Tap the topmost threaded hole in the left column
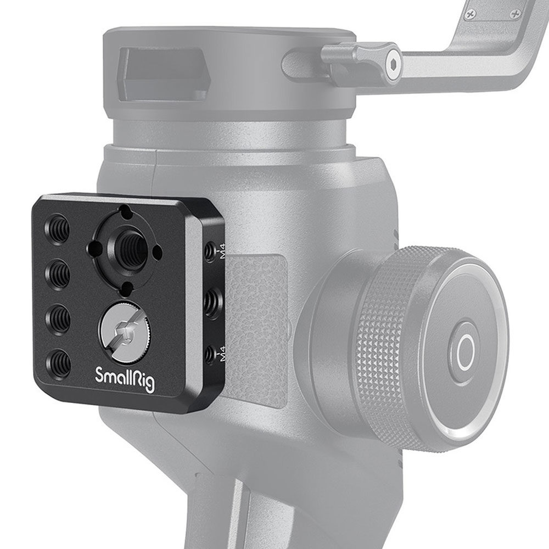57,229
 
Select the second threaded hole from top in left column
58,274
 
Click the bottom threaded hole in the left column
59,363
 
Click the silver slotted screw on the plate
125,331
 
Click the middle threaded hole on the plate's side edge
211,304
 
